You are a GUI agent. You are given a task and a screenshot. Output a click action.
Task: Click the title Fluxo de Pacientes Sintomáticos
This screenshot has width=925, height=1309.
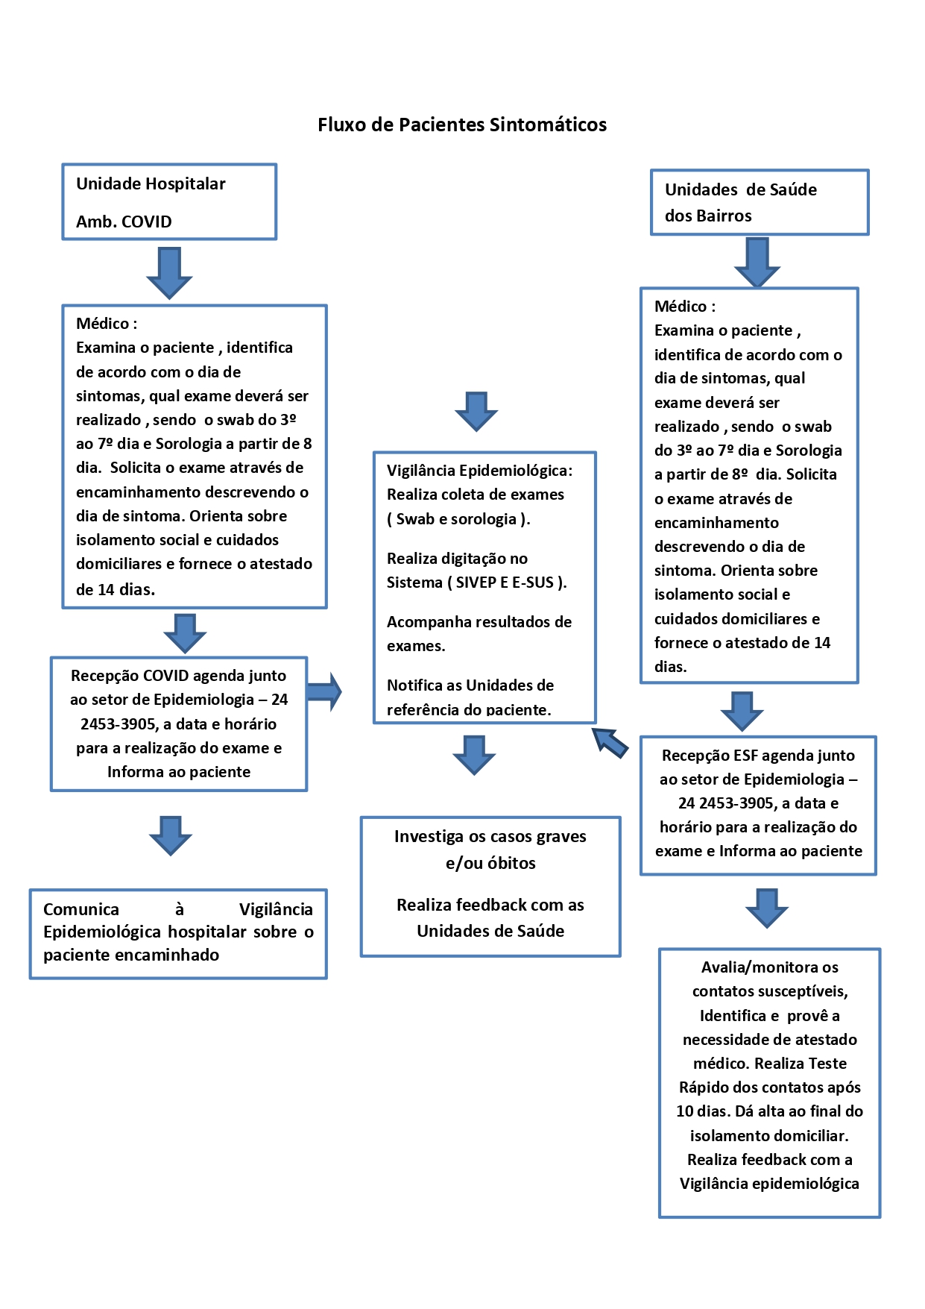coord(462,125)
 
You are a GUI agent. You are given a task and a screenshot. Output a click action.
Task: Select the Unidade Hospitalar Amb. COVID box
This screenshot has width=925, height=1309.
coord(169,202)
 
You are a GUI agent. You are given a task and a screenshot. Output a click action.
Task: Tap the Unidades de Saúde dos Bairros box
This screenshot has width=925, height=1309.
coord(760,202)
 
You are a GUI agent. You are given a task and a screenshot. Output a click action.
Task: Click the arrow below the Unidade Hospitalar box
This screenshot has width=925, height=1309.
coord(169,273)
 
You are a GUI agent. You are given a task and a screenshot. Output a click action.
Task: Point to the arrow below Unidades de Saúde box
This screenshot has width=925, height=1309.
coord(757,262)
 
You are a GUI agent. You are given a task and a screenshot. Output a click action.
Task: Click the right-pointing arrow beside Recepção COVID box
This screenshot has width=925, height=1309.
coord(323,692)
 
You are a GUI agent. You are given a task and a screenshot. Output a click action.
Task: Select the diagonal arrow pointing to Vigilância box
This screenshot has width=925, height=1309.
coord(610,742)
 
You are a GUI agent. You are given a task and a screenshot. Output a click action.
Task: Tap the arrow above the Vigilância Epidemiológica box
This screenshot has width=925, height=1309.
coord(476,411)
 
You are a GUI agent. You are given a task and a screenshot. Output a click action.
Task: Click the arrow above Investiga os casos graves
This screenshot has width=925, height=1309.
coord(474,755)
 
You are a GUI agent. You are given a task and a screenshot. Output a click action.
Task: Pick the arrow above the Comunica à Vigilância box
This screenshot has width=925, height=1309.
coord(171,835)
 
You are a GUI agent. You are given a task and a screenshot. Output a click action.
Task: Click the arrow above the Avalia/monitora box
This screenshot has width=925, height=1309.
coord(767,908)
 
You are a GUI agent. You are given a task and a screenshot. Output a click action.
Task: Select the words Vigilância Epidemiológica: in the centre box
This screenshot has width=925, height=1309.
coord(479,471)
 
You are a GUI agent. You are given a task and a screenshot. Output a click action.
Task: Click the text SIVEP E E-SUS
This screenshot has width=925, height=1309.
coord(506,583)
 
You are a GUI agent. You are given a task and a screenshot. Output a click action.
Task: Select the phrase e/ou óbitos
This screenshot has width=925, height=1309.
coord(490,863)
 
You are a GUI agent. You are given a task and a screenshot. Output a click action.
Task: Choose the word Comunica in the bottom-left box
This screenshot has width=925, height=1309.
coord(81,909)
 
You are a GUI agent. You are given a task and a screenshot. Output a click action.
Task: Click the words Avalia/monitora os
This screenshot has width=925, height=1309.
coord(769,967)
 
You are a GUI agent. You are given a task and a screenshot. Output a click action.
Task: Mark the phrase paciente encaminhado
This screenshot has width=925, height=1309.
coord(131,955)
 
